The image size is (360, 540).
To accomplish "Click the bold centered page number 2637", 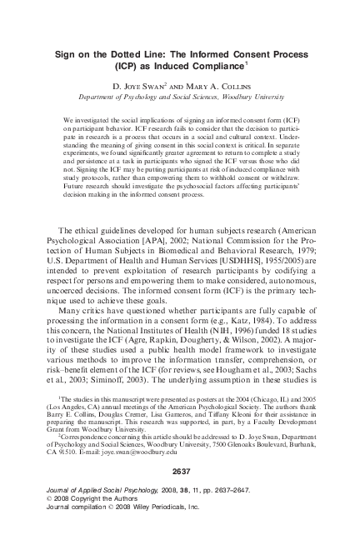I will (x=180, y=492).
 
